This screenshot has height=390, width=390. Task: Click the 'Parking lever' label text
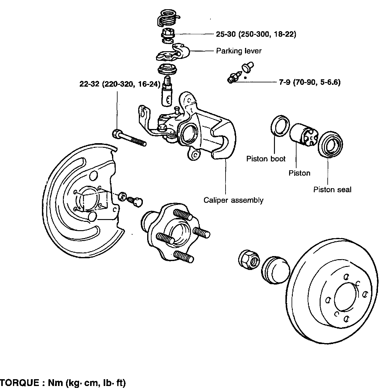239,51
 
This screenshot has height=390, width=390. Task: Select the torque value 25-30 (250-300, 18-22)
256,34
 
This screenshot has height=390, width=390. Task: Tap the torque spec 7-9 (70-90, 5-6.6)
310,82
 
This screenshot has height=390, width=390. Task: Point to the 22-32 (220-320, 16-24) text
120,84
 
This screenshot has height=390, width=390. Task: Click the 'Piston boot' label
266,159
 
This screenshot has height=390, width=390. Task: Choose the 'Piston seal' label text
332,190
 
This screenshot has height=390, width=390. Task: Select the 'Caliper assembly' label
233,200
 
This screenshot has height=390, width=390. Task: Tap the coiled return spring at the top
168,18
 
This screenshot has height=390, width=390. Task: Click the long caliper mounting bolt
129,138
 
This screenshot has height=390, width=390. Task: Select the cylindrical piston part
304,135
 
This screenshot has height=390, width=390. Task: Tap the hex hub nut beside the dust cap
249,260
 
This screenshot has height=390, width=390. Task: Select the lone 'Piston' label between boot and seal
299,173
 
